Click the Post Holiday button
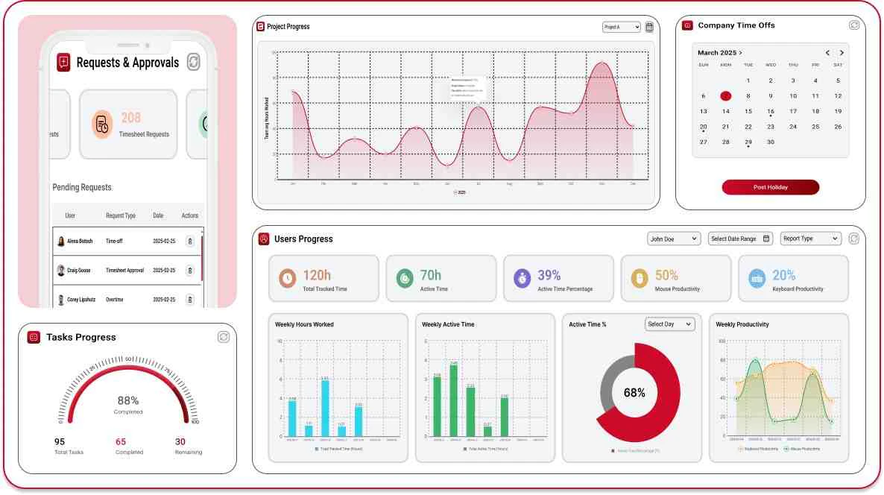(x=770, y=187)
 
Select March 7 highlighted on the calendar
(x=726, y=96)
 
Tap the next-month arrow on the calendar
(x=842, y=53)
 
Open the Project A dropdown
(x=621, y=27)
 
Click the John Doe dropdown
(x=674, y=239)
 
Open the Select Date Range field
(x=741, y=239)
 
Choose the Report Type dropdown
(x=810, y=239)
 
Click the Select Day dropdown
(x=669, y=324)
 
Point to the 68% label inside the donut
(x=634, y=393)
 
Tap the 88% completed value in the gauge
(x=128, y=400)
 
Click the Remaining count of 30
(x=180, y=441)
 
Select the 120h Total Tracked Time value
(x=317, y=276)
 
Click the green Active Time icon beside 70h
(x=405, y=279)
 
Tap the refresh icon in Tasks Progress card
(x=223, y=337)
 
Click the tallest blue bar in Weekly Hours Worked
(x=325, y=408)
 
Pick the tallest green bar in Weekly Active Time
(x=453, y=400)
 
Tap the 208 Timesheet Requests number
(x=131, y=118)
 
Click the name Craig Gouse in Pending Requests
(x=78, y=270)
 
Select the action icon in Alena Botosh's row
(x=190, y=242)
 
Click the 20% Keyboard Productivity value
(x=783, y=276)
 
